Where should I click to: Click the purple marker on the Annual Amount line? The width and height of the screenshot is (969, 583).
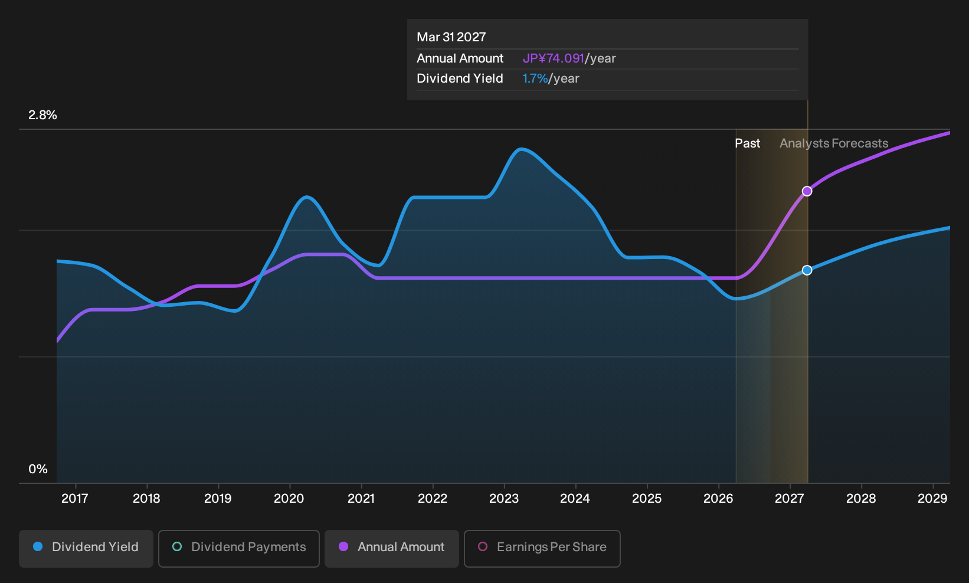pyautogui.click(x=807, y=191)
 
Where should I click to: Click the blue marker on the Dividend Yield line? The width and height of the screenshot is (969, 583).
pyautogui.click(x=807, y=270)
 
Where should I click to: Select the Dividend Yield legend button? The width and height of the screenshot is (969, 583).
pyautogui.click(x=86, y=548)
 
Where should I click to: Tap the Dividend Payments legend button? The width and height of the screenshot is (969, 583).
pyautogui.click(x=239, y=548)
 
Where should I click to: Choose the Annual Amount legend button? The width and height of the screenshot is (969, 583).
pyautogui.click(x=391, y=548)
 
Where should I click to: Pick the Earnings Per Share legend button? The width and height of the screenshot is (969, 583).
pyautogui.click(x=542, y=548)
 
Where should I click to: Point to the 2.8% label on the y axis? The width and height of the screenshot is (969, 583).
pyautogui.click(x=42, y=115)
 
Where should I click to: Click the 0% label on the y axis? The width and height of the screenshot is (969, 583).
pyautogui.click(x=38, y=469)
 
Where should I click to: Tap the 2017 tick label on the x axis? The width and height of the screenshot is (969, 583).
pyautogui.click(x=75, y=499)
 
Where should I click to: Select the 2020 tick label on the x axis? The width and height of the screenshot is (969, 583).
pyautogui.click(x=289, y=499)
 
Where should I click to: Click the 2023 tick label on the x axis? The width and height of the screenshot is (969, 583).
pyautogui.click(x=504, y=499)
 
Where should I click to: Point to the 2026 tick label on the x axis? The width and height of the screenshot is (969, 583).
pyautogui.click(x=718, y=499)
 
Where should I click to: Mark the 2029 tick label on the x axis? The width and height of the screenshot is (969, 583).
pyautogui.click(x=932, y=499)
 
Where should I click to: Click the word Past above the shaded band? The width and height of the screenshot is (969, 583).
pyautogui.click(x=748, y=143)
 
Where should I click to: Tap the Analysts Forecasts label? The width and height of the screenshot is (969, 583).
pyautogui.click(x=834, y=143)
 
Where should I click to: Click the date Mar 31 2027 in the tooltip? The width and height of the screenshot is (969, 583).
pyautogui.click(x=451, y=37)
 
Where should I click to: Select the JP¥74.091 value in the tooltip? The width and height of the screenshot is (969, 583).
pyautogui.click(x=554, y=58)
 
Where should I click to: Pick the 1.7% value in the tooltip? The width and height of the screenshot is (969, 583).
pyautogui.click(x=535, y=78)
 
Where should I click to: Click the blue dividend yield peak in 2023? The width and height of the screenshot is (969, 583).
pyautogui.click(x=522, y=149)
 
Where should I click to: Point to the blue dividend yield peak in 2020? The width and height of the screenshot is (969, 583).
pyautogui.click(x=307, y=197)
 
